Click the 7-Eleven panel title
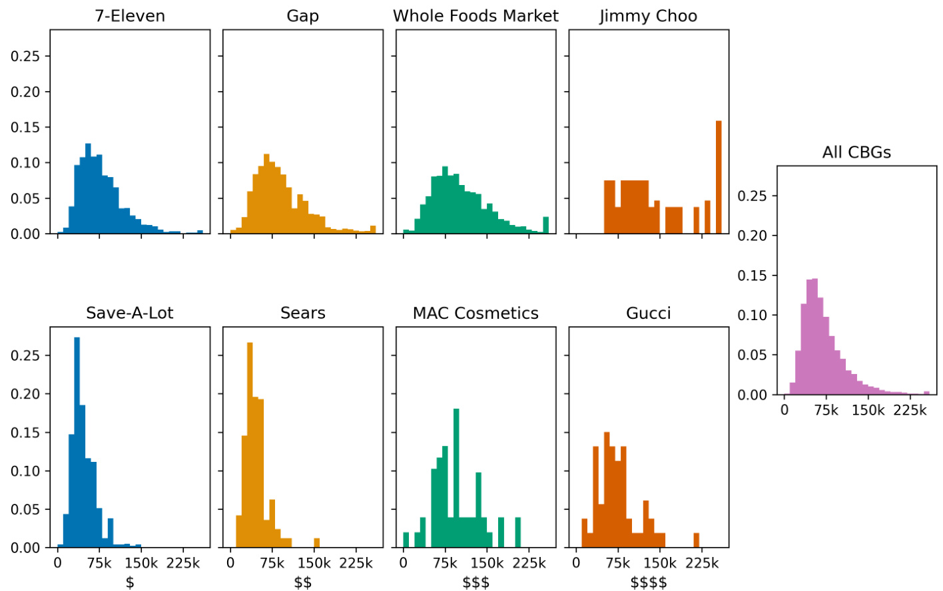tap(130, 16)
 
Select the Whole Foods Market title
tap(475, 16)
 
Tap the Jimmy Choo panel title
tap(648, 16)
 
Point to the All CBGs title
tap(856, 152)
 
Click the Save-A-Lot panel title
tap(130, 313)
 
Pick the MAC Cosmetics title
tap(475, 313)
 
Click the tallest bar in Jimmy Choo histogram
tap(719, 177)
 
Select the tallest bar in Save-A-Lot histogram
tap(77, 442)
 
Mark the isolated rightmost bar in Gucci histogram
tap(696, 540)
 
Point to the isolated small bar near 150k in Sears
tap(316, 542)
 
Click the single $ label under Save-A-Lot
tap(130, 582)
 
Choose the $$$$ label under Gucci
tap(648, 582)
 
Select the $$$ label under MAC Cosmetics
tap(475, 582)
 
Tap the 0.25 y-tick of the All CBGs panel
tap(752, 196)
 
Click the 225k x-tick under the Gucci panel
tap(702, 563)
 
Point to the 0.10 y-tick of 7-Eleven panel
tap(25, 162)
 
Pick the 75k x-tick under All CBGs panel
tap(826, 410)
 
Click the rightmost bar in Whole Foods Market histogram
tap(546, 225)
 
